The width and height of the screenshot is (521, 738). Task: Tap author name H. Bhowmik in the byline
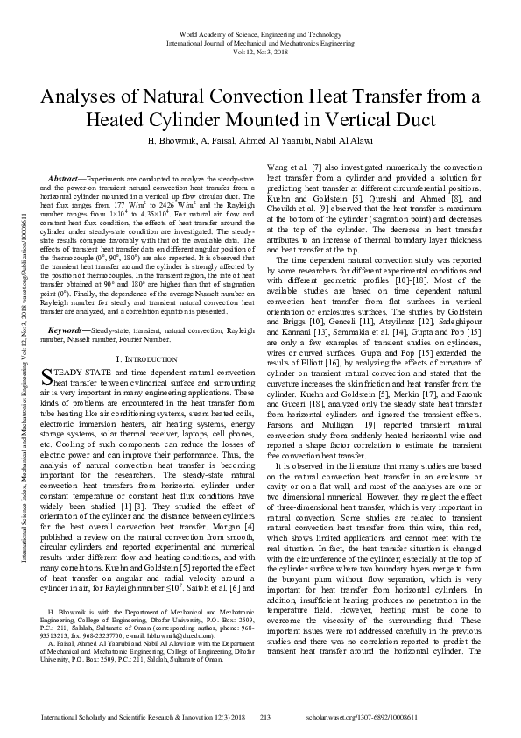pos(179,141)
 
